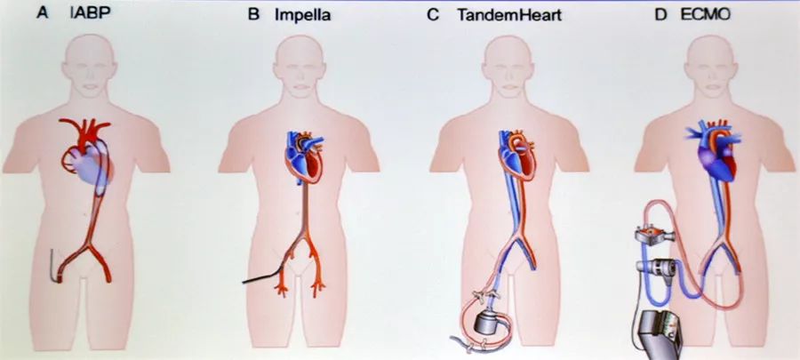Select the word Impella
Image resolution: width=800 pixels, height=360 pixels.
302,15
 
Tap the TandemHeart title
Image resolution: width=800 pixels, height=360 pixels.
509,15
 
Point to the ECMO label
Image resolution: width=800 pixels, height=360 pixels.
705,14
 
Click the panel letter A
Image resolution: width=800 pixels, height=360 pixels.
43,13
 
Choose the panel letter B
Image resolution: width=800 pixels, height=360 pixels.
253,14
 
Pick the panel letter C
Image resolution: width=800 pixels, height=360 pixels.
433,15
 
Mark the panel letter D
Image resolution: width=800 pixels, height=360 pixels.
660,14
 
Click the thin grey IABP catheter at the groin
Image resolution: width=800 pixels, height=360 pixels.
53,264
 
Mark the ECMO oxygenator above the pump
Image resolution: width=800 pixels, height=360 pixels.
654,235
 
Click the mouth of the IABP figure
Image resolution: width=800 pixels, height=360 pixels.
91,87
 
